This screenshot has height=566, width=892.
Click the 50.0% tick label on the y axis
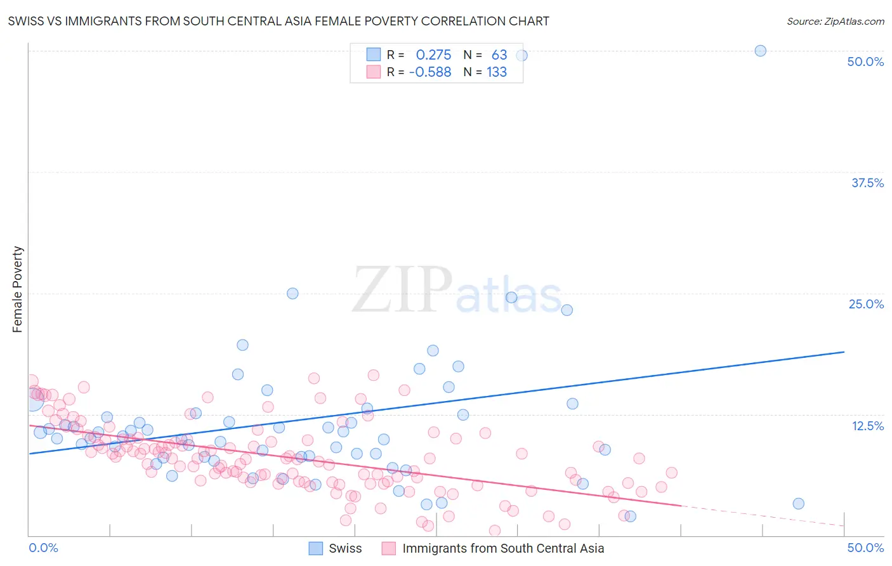pyautogui.click(x=865, y=62)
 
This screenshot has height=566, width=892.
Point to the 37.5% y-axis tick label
pyautogui.click(x=867, y=183)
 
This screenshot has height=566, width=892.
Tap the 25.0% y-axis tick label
pyautogui.click(x=866, y=304)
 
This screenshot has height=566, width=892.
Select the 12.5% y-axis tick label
pyautogui.click(x=867, y=425)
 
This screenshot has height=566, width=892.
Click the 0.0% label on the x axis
pyautogui.click(x=43, y=548)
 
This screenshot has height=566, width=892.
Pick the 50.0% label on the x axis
pyautogui.click(x=865, y=548)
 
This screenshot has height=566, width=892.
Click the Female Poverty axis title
pyautogui.click(x=18, y=289)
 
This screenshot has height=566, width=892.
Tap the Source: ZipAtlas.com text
pyautogui.click(x=835, y=21)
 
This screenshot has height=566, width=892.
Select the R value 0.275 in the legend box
pyautogui.click(x=433, y=55)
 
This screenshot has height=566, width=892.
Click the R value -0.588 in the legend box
pyautogui.click(x=430, y=72)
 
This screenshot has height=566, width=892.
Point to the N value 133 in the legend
pyautogui.click(x=496, y=72)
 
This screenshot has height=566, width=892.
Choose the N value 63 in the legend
pyautogui.click(x=499, y=55)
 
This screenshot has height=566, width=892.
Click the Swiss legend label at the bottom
pyautogui.click(x=345, y=548)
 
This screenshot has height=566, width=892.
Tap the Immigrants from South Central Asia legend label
pyautogui.click(x=503, y=548)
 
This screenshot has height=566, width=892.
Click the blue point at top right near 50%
pyautogui.click(x=760, y=51)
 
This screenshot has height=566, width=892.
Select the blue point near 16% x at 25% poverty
pyautogui.click(x=292, y=293)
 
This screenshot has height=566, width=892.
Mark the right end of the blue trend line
pyautogui.click(x=844, y=352)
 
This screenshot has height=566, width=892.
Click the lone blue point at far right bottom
pyautogui.click(x=798, y=504)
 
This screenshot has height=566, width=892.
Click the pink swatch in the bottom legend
pyautogui.click(x=388, y=548)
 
